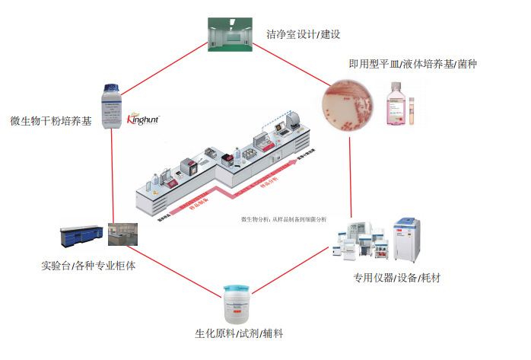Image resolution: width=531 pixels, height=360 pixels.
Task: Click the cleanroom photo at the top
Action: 229,33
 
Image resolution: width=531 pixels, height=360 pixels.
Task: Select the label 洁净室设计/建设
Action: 301,34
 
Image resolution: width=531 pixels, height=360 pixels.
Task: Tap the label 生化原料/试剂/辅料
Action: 240,334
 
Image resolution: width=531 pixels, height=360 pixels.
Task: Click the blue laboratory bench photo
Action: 83,237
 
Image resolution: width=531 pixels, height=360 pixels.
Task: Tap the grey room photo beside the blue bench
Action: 122,237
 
